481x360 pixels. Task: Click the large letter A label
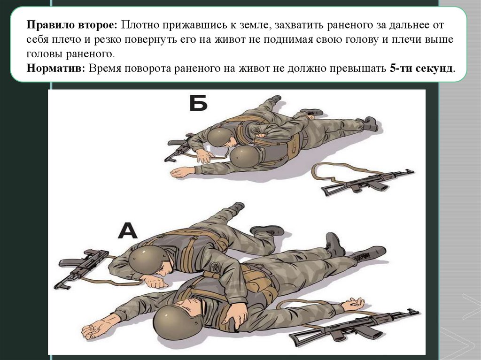coord(128,230)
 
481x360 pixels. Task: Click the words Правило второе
coord(72,25)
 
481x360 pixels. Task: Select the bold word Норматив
coord(55,68)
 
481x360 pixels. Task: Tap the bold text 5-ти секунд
coord(421,68)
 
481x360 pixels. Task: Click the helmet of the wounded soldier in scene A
coord(174,322)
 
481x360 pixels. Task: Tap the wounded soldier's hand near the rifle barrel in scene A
coord(353,304)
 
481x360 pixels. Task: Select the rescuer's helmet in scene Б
coord(220,137)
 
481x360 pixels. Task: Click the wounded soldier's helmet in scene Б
coord(244,156)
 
